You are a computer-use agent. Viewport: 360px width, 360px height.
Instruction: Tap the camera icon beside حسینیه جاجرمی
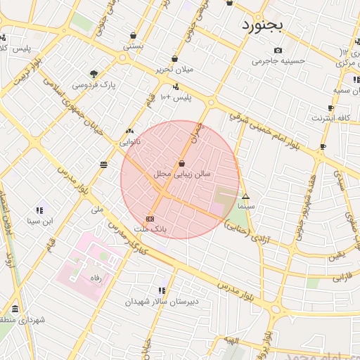[x=278, y=50]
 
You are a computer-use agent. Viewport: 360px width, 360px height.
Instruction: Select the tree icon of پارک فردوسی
[x=94, y=73]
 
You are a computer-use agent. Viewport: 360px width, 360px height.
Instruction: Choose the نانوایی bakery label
[x=129, y=141]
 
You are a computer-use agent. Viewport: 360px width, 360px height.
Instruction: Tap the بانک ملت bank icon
[x=150, y=219]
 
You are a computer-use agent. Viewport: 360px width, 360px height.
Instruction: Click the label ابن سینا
[x=39, y=221]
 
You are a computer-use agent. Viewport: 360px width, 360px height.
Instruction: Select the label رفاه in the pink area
[x=96, y=278]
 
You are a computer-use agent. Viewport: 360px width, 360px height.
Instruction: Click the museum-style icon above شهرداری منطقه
[x=15, y=309]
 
